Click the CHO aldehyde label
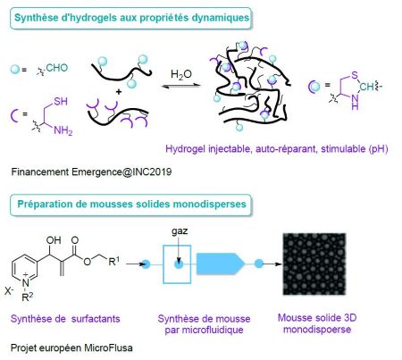coord(57,68)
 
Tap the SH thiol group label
coord(61,102)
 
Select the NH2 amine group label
coord(63,130)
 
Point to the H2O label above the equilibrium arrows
coord(181,74)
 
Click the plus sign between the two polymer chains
coord(119,91)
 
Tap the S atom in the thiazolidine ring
coord(354,75)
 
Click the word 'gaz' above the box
coord(180,231)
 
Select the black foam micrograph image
coord(314,264)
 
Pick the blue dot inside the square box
coord(179,264)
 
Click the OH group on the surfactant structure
coord(54,240)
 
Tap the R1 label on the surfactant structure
coord(113,261)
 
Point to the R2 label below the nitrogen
coord(28,297)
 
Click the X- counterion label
coord(9,290)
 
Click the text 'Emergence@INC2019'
coord(121,172)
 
